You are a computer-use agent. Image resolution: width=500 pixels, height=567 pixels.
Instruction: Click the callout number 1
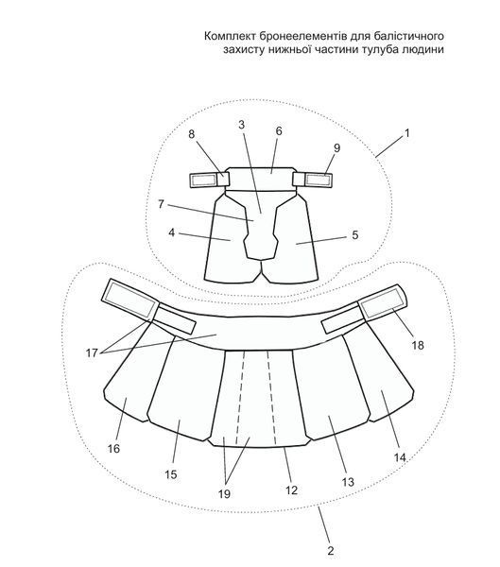tap(407, 133)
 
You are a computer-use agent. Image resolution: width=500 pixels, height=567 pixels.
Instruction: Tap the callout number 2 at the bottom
tap(331, 551)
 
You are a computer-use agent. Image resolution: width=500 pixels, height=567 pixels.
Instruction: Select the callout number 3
tap(242, 125)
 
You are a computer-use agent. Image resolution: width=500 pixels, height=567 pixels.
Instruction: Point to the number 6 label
tap(278, 131)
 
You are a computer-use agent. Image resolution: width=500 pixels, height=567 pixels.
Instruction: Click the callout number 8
tap(191, 134)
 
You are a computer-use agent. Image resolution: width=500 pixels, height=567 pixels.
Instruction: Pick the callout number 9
tap(336, 148)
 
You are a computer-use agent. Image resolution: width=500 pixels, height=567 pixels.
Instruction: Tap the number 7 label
tap(161, 205)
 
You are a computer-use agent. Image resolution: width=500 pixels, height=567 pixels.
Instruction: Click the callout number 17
tap(92, 352)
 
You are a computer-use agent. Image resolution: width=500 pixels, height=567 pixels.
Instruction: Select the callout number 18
tap(418, 345)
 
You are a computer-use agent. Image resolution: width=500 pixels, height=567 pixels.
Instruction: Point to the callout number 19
tap(224, 494)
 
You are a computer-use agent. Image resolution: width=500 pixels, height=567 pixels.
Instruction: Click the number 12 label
tap(291, 490)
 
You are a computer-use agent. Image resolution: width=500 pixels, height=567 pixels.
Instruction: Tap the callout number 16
tap(113, 449)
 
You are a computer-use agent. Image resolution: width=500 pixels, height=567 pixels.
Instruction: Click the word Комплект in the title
tap(231, 36)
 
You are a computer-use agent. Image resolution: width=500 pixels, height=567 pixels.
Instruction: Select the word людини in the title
tap(422, 49)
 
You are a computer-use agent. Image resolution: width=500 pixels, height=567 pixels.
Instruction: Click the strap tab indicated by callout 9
tap(313, 180)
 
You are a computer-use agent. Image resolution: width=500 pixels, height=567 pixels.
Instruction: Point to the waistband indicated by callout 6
tap(261, 179)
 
